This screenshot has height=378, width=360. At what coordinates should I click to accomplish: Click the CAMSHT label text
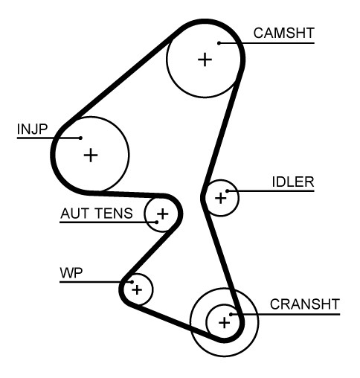coord(284,33)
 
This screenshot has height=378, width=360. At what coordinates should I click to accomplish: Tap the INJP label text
coord(32,129)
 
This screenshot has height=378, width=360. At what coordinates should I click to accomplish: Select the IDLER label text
coord(293,182)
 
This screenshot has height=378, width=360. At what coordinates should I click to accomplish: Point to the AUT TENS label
coord(97,214)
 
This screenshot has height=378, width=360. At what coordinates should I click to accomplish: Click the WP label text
coord(71,273)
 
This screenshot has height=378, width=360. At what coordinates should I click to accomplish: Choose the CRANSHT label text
coord(305,304)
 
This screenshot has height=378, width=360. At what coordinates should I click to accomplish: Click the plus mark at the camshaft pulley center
coord(205,60)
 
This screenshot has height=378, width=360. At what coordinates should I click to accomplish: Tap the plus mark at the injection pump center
coord(91,156)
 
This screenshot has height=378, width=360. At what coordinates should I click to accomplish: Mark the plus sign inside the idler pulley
coord(221,198)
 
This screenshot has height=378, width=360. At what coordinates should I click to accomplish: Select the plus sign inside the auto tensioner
coord(163,214)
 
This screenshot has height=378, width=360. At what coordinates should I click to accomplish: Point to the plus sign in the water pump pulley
coord(137,289)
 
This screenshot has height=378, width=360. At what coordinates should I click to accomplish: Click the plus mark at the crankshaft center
coord(225,323)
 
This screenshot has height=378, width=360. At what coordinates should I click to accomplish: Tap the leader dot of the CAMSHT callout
coord(219,43)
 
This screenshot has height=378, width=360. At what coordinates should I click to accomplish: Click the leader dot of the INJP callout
coord(80,138)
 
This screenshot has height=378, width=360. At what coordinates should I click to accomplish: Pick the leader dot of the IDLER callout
coord(227,190)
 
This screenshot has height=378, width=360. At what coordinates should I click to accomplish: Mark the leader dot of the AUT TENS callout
coord(156,222)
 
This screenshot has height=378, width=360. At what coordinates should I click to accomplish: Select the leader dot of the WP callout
coord(132,282)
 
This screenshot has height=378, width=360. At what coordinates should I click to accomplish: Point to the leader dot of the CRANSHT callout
coord(231,314)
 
